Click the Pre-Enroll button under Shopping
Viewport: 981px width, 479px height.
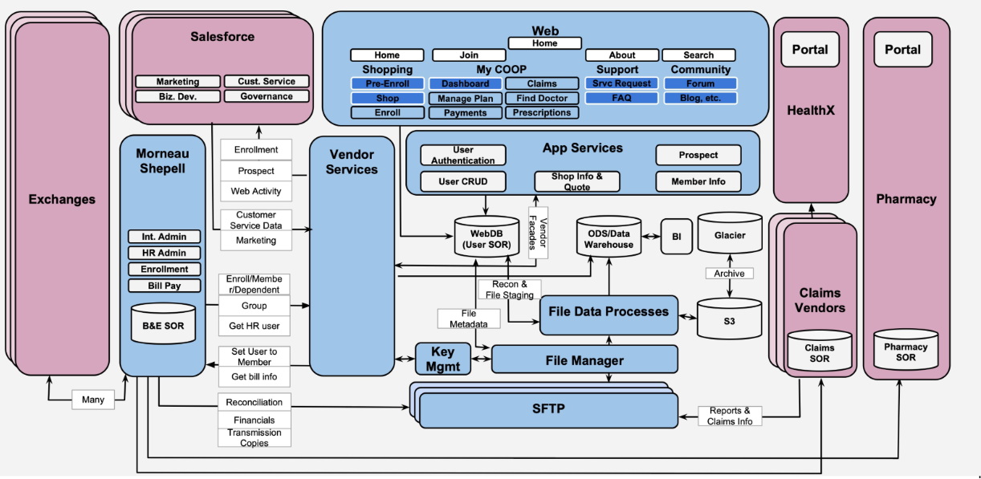coord(387,83)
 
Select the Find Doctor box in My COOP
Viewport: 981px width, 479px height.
coord(542,98)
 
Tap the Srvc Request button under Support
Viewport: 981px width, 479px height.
coord(621,83)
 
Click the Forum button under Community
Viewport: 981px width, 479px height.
coord(700,83)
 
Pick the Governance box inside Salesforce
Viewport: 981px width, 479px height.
coord(267,96)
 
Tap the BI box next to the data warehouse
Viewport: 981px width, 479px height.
coord(676,237)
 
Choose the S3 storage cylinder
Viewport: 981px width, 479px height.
coord(729,319)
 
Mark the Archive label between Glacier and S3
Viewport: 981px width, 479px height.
coord(729,274)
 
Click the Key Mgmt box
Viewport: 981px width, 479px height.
coord(442,358)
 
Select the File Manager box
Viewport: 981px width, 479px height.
coord(584,360)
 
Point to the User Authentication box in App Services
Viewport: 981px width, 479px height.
coord(463,155)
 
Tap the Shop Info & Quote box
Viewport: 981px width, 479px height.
coord(576,181)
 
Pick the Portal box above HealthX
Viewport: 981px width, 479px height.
coord(810,50)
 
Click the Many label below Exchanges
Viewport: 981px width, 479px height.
coord(93,400)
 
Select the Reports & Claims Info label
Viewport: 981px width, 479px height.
coord(730,416)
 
